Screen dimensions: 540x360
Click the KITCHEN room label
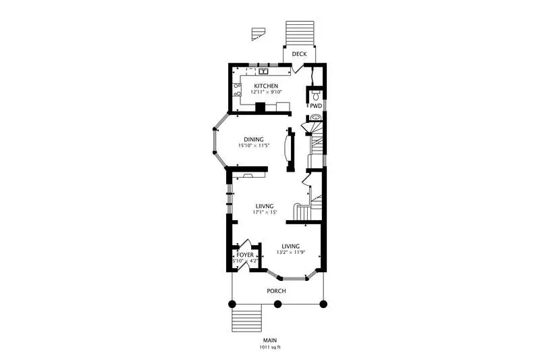[x=266, y=86]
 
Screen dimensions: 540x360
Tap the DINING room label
[x=254, y=140]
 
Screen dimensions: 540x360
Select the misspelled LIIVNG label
[x=265, y=207]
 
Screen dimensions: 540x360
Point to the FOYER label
[x=245, y=255]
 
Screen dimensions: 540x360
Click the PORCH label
[x=276, y=291]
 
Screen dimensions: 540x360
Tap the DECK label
[x=299, y=54]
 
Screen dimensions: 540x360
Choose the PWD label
[x=316, y=106]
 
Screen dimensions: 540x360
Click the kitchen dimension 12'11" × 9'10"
[x=266, y=92]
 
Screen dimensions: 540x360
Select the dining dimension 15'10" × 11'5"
[x=254, y=146]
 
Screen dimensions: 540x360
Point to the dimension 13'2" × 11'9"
[x=291, y=253]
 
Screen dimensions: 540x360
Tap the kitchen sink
[x=263, y=72]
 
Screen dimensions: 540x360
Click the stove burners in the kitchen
[x=237, y=90]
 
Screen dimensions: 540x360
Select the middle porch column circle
[x=277, y=304]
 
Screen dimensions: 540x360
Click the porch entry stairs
[x=246, y=318]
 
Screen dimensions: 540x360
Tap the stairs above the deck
[x=300, y=33]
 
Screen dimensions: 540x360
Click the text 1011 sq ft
[x=270, y=347]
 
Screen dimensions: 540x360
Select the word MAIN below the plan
[x=270, y=340]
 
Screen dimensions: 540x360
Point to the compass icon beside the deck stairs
[x=258, y=34]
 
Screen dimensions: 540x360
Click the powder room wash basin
[x=315, y=118]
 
